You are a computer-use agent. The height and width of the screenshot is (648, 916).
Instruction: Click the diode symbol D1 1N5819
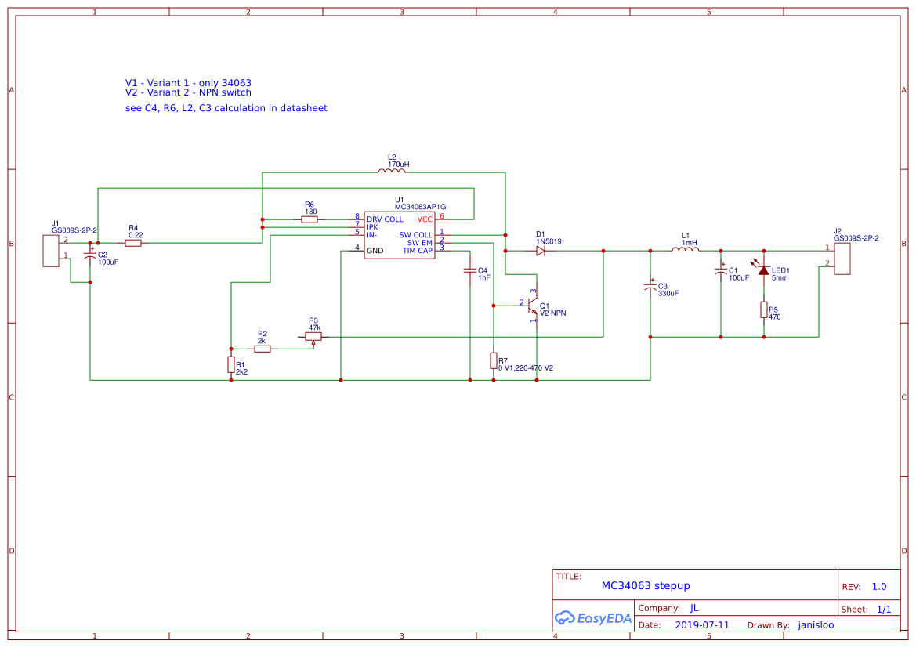coord(541,251)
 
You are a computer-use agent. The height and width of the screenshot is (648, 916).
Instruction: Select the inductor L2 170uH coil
coord(392,172)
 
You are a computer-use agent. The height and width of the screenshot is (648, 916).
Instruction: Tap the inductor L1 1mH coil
coord(685,250)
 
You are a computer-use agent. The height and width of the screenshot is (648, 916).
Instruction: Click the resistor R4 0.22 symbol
coord(133,243)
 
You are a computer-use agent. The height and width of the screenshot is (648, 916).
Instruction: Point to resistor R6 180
coord(310,219)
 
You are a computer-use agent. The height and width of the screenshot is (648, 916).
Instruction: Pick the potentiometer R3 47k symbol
coord(313,337)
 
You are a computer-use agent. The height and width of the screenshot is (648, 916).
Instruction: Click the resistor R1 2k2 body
coord(231,364)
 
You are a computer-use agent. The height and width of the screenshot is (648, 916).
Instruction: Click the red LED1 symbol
coord(764,270)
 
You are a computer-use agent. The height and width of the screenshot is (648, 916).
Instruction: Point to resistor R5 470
coord(764,310)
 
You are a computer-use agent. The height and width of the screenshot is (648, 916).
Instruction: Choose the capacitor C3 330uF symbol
coord(650,288)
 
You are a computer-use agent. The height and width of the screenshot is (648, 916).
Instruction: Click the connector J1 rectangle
coord(51,251)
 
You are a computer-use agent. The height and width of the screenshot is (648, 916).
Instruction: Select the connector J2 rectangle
coord(842,259)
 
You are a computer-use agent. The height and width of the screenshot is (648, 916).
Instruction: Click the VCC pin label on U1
coord(425,219)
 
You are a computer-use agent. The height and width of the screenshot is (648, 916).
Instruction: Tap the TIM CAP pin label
coord(418,251)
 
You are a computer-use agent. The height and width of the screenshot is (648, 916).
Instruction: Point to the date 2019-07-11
coord(702,625)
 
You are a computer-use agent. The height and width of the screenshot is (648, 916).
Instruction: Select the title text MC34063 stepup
coord(646,586)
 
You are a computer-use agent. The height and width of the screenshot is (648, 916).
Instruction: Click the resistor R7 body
coord(494,360)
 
